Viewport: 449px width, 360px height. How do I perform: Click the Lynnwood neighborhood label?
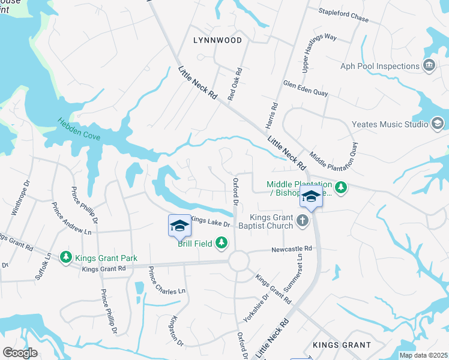tap(218, 40)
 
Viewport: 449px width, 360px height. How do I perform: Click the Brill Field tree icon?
tap(222, 242)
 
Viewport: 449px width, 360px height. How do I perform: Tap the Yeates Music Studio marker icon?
tap(438, 124)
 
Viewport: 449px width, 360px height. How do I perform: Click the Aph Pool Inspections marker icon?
tap(429, 66)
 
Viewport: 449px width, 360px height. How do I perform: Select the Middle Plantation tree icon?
tap(341, 188)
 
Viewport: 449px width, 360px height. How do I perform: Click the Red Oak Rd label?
tap(234, 84)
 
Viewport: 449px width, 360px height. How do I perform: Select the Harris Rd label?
tap(274, 114)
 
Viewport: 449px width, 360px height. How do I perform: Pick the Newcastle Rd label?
tap(292, 248)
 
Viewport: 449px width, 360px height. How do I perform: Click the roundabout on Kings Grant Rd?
tap(238, 262)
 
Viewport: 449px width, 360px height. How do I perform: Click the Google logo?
tap(20, 353)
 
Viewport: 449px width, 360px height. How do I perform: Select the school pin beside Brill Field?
tap(179, 226)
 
